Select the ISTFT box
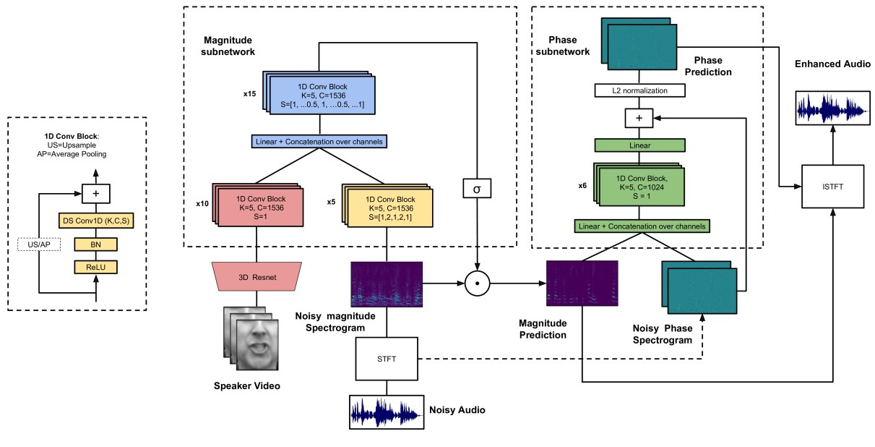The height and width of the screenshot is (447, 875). tap(832, 187)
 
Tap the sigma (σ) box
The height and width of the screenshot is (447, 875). tap(476, 189)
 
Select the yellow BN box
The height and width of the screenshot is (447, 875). tap(95, 244)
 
